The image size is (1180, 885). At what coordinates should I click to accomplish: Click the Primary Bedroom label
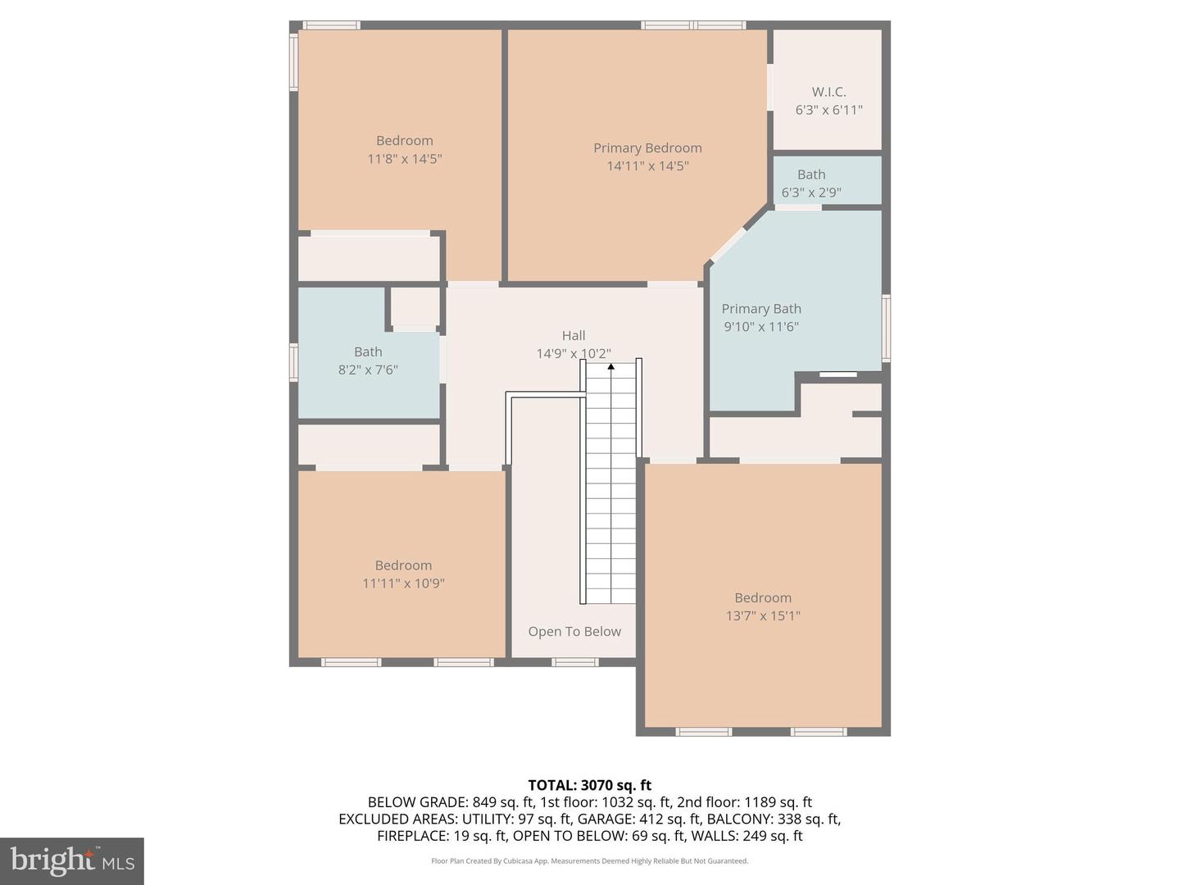(x=647, y=147)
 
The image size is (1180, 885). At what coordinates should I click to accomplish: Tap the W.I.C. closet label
(x=828, y=92)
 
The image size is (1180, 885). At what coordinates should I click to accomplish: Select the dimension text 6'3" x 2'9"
(x=811, y=193)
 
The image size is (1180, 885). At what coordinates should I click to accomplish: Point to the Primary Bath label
(x=761, y=308)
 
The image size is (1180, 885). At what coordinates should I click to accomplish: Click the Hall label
(x=574, y=335)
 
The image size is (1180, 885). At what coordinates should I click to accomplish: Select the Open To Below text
(x=574, y=631)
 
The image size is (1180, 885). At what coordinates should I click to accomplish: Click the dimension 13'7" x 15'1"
(x=763, y=615)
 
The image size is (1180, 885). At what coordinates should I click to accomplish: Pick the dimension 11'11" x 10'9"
(x=403, y=583)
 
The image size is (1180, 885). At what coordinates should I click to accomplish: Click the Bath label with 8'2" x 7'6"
(x=368, y=352)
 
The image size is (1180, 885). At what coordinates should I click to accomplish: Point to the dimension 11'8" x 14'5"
(x=405, y=159)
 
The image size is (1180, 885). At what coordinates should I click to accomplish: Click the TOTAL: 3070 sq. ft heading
(x=589, y=785)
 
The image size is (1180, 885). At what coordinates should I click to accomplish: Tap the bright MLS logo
(x=72, y=860)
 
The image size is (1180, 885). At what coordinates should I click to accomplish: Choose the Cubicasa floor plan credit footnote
(x=589, y=861)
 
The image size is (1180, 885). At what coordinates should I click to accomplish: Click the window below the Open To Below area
(x=575, y=662)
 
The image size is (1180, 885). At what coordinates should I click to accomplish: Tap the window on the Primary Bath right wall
(x=886, y=328)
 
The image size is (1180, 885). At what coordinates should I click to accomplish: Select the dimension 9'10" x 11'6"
(x=761, y=326)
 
